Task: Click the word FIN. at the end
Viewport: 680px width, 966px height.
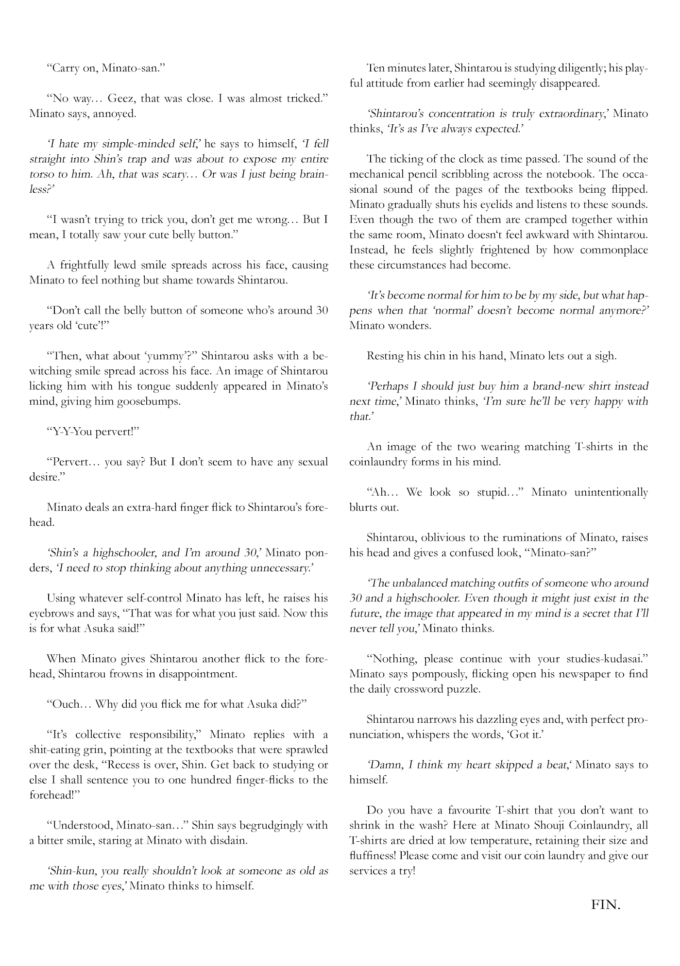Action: [x=606, y=904]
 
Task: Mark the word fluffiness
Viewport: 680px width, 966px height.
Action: [x=372, y=856]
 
